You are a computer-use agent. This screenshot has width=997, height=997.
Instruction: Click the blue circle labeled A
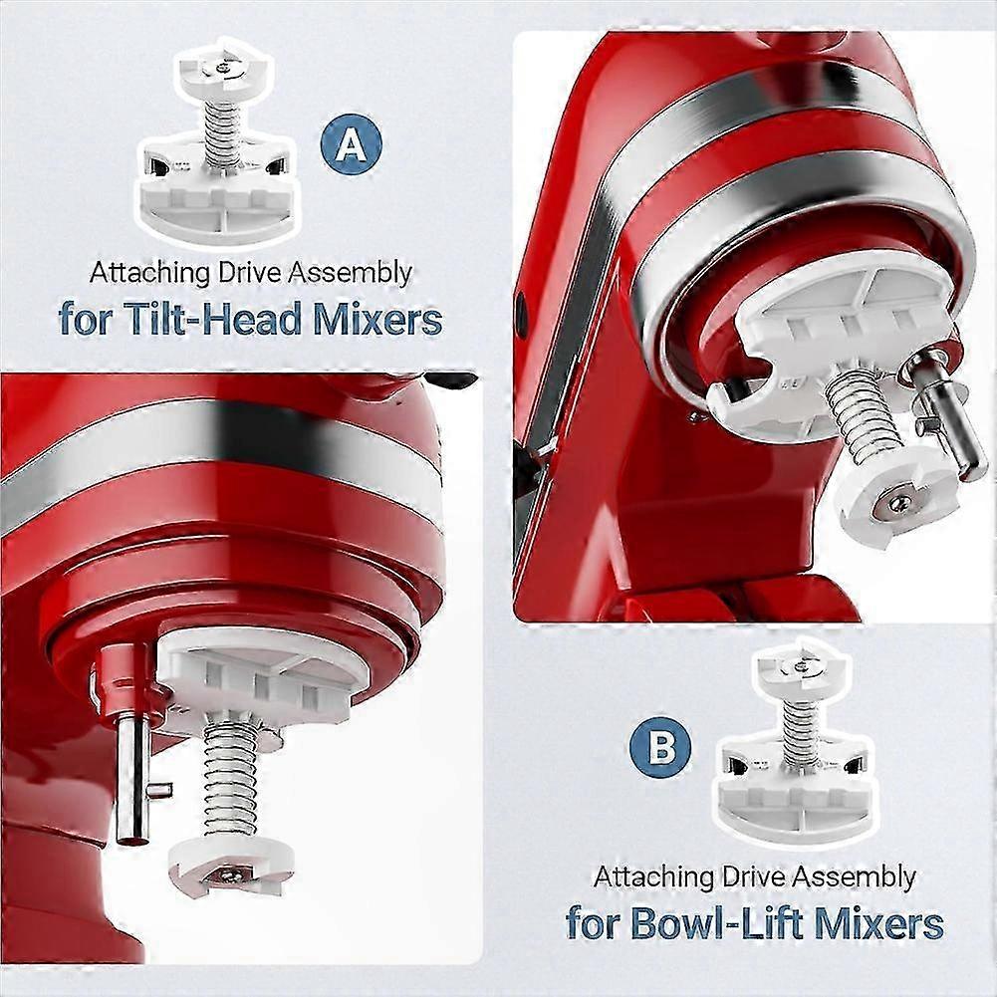351,144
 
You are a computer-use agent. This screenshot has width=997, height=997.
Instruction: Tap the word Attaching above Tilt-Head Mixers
150,274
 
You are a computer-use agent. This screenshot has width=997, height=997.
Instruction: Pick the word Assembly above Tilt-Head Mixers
350,274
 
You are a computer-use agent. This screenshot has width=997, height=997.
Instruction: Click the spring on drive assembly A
221,134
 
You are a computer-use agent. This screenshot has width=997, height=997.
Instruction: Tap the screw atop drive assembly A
221,66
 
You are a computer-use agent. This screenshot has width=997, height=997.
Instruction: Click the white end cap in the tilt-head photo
231,865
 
